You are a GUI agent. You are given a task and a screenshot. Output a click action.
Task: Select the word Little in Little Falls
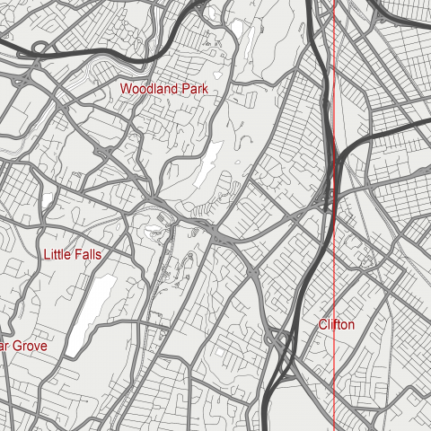coord(58,255)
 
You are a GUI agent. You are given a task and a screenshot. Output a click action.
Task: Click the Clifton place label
coord(337,324)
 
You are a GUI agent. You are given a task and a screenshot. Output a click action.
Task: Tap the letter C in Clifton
coord(323,324)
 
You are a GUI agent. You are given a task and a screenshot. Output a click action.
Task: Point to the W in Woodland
coord(127,89)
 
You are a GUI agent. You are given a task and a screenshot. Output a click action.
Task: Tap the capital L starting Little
coord(47,255)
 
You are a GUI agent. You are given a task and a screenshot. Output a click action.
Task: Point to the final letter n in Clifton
coord(351,324)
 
